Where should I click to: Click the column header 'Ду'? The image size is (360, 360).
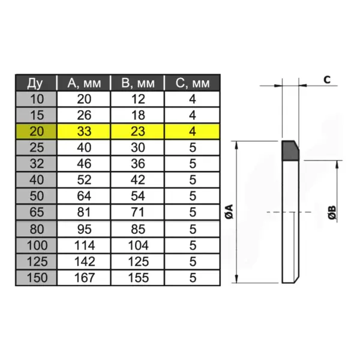pyautogui.click(x=35, y=83)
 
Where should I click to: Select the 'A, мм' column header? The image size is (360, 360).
pyautogui.click(x=84, y=83)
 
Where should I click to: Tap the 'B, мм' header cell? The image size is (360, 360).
pyautogui.click(x=138, y=83)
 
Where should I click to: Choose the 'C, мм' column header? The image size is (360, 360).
pyautogui.click(x=193, y=83)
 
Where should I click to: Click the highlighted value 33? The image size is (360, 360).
pyautogui.click(x=84, y=131)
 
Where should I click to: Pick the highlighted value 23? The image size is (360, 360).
pyautogui.click(x=138, y=131)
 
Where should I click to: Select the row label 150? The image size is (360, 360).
pyautogui.click(x=37, y=278)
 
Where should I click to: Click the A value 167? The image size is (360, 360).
pyautogui.click(x=84, y=278)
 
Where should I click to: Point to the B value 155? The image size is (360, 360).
pyautogui.click(x=138, y=278)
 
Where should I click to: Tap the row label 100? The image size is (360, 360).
pyautogui.click(x=37, y=245)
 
